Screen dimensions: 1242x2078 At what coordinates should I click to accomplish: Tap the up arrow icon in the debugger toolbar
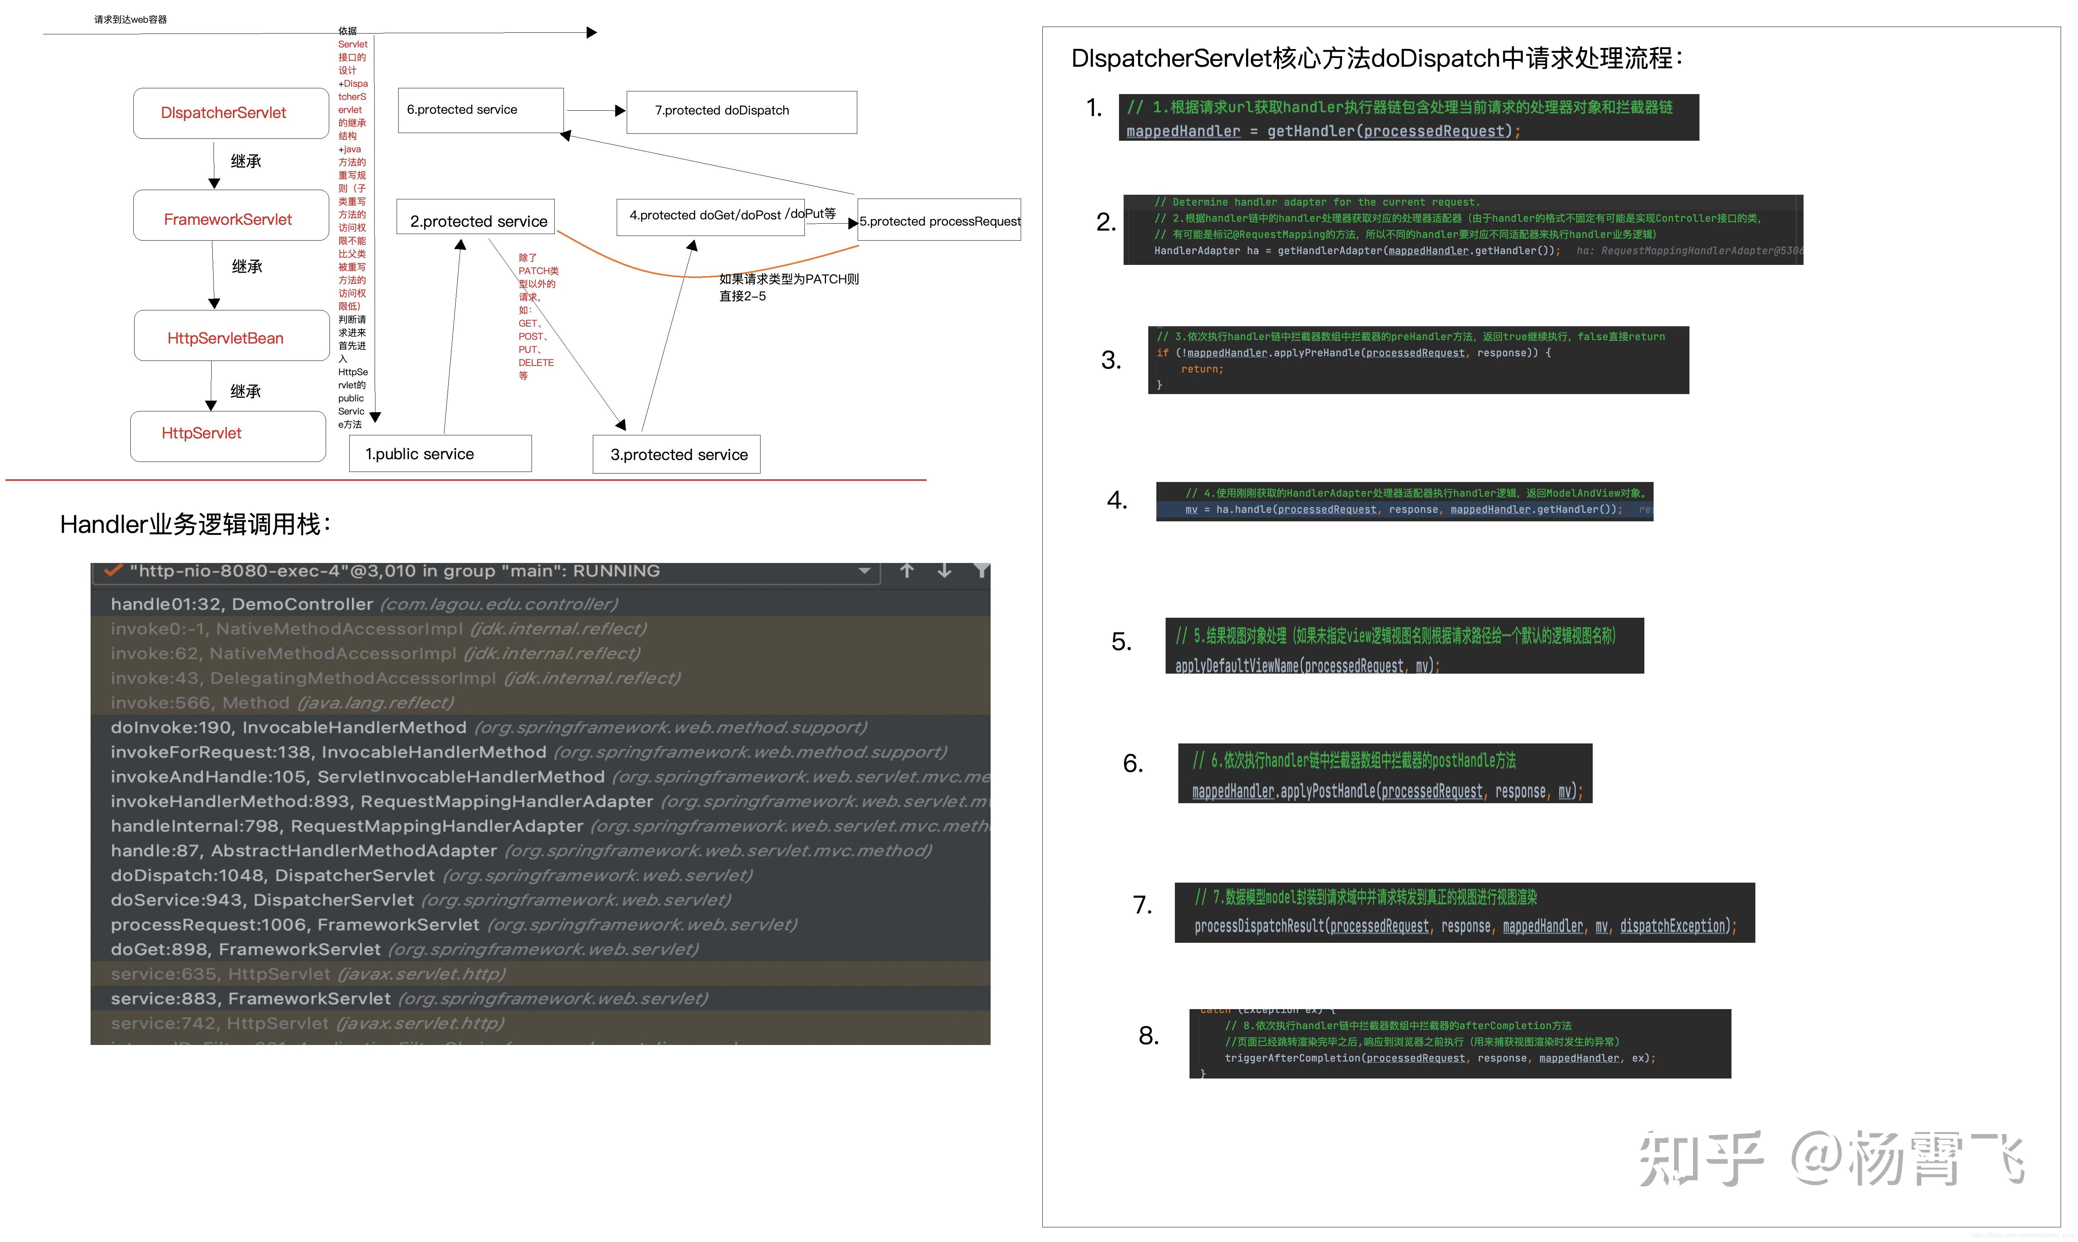pos(907,571)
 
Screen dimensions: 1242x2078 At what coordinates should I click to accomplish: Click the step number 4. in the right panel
pos(1117,501)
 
